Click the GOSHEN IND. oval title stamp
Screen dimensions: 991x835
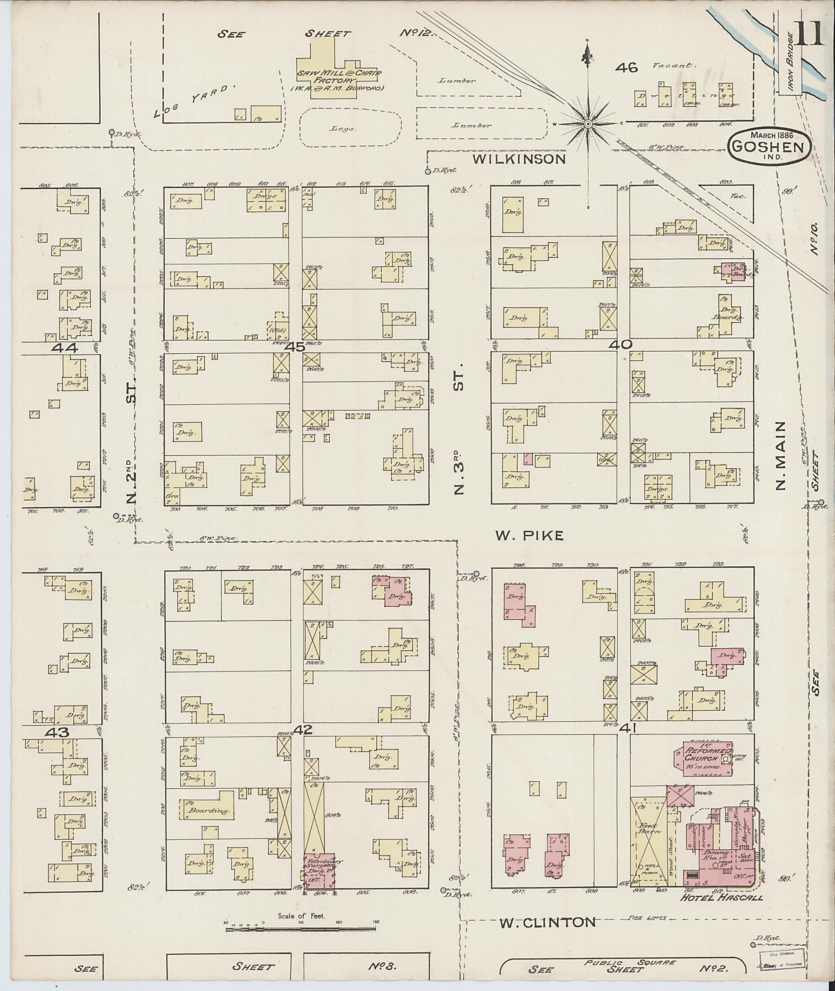[769, 147]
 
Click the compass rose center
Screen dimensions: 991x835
[588, 124]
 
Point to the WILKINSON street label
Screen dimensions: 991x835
[519, 159]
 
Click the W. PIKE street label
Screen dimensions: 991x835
[530, 536]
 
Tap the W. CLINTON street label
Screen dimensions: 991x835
[548, 922]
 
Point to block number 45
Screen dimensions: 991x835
[295, 347]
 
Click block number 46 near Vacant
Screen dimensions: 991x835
[627, 68]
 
